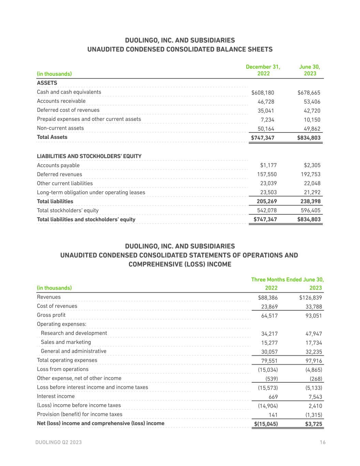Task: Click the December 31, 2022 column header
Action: coord(263,70)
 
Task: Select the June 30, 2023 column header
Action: coord(309,70)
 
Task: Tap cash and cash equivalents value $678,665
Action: coord(309,93)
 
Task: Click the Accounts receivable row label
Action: coord(61,101)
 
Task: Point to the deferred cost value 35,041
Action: coord(266,111)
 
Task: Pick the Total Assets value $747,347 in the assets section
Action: coord(263,138)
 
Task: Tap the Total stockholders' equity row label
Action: coord(68,210)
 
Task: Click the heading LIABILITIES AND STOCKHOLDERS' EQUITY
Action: coord(89,156)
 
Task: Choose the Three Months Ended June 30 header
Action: coord(287,280)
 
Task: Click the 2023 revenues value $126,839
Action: coord(311,298)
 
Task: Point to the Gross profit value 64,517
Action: coord(269,316)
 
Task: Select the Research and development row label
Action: coord(74,333)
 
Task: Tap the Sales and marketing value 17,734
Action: coord(314,343)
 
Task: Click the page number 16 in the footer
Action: coord(322,442)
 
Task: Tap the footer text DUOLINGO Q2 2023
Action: coord(59,442)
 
